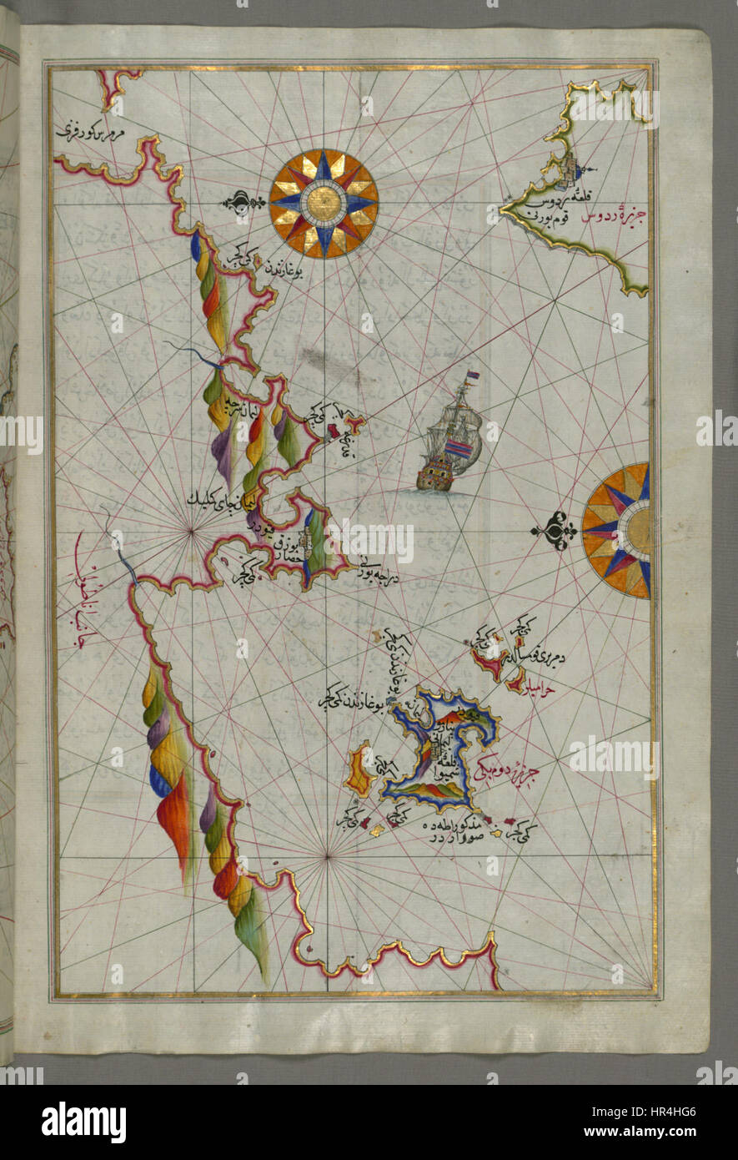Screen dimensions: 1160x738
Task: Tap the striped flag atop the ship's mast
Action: pyautogui.click(x=472, y=377)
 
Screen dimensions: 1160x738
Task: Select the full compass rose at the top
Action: pyautogui.click(x=324, y=203)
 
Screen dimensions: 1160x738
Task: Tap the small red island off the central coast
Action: pyautogui.click(x=335, y=431)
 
